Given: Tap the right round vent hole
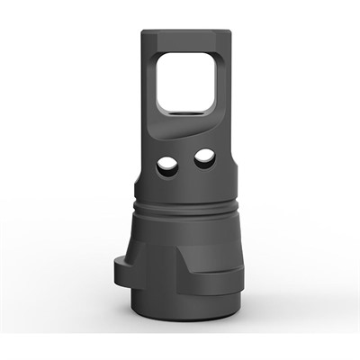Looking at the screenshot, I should (x=204, y=159).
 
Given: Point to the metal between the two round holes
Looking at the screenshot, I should (x=186, y=163).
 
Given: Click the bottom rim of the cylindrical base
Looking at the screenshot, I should (x=184, y=326).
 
